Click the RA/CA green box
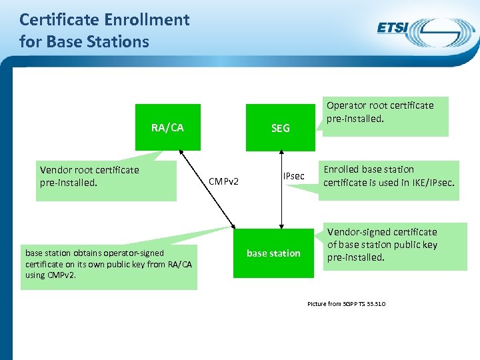[x=167, y=127]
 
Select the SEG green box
[x=280, y=127]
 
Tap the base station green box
[x=273, y=253]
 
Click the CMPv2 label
[x=224, y=181]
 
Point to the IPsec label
[x=293, y=176]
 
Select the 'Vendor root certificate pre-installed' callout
[x=107, y=181]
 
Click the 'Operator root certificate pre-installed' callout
[x=385, y=116]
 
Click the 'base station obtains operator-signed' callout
[x=109, y=264]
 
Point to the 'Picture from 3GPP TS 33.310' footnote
[x=346, y=304]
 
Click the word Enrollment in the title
[x=148, y=20]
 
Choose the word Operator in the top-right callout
[x=346, y=105]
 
